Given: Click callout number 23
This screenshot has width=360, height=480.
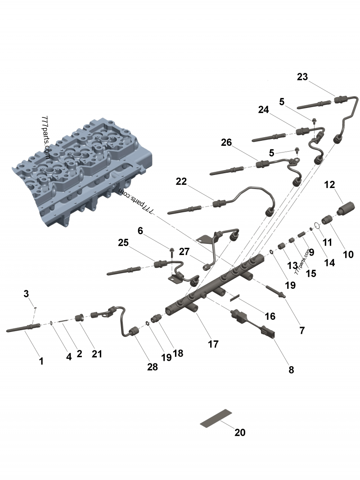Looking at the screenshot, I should coord(302,77).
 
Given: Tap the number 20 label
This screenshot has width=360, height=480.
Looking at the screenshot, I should coord(240,432).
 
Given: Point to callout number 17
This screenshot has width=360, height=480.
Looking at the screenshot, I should coord(213,344).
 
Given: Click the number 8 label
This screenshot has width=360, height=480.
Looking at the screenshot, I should coord(291,370).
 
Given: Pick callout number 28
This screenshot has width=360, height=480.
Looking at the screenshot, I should coord(153,367).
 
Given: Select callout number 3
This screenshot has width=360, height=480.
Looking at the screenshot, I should coord(26,294).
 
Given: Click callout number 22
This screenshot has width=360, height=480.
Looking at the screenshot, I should coord(181,181).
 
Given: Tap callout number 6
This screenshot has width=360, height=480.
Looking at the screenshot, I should coord(140,231).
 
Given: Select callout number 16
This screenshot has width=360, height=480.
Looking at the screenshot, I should coord(270,316).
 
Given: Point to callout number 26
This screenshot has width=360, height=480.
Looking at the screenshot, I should coord(226,143).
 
